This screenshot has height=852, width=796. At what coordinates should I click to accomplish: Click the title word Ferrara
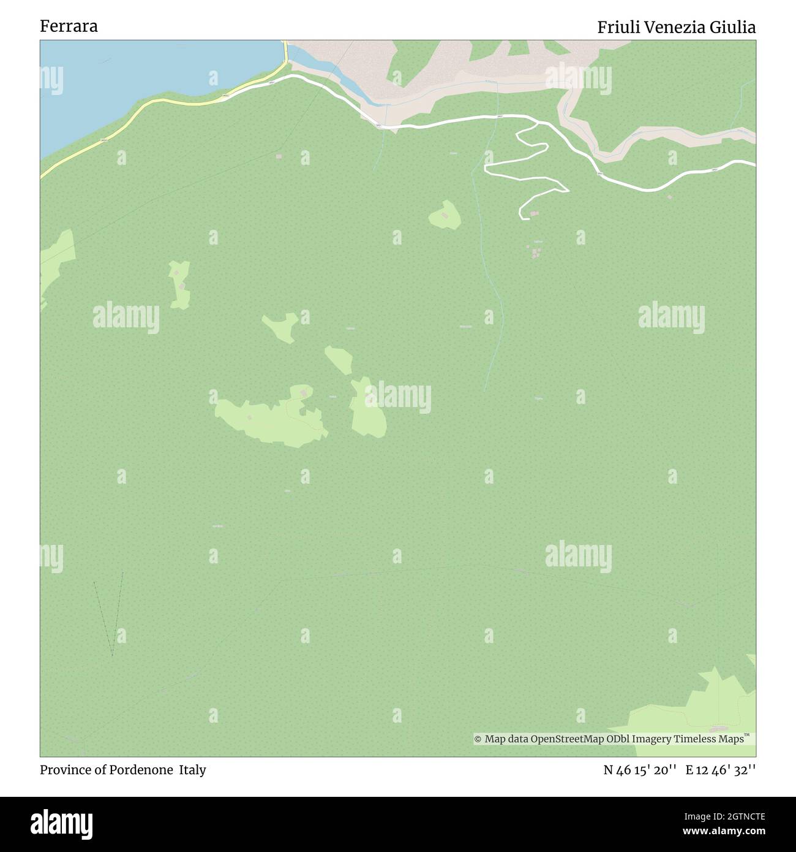point(69,26)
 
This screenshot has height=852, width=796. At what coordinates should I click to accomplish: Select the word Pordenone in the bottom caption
point(141,770)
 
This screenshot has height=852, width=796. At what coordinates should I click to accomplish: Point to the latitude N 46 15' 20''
point(640,770)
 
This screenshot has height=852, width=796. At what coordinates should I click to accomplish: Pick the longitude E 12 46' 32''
point(721,770)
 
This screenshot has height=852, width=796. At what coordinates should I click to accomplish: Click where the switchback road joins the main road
point(538,123)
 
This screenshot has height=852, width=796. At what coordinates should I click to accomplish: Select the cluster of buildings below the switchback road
point(536,251)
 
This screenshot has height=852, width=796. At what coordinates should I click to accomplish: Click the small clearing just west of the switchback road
point(445,215)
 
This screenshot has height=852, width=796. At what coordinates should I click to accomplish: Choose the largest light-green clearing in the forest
point(269,420)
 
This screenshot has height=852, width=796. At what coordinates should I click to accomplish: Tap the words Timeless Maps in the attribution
point(708,739)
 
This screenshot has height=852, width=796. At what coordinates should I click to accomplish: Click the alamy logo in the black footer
point(61,823)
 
